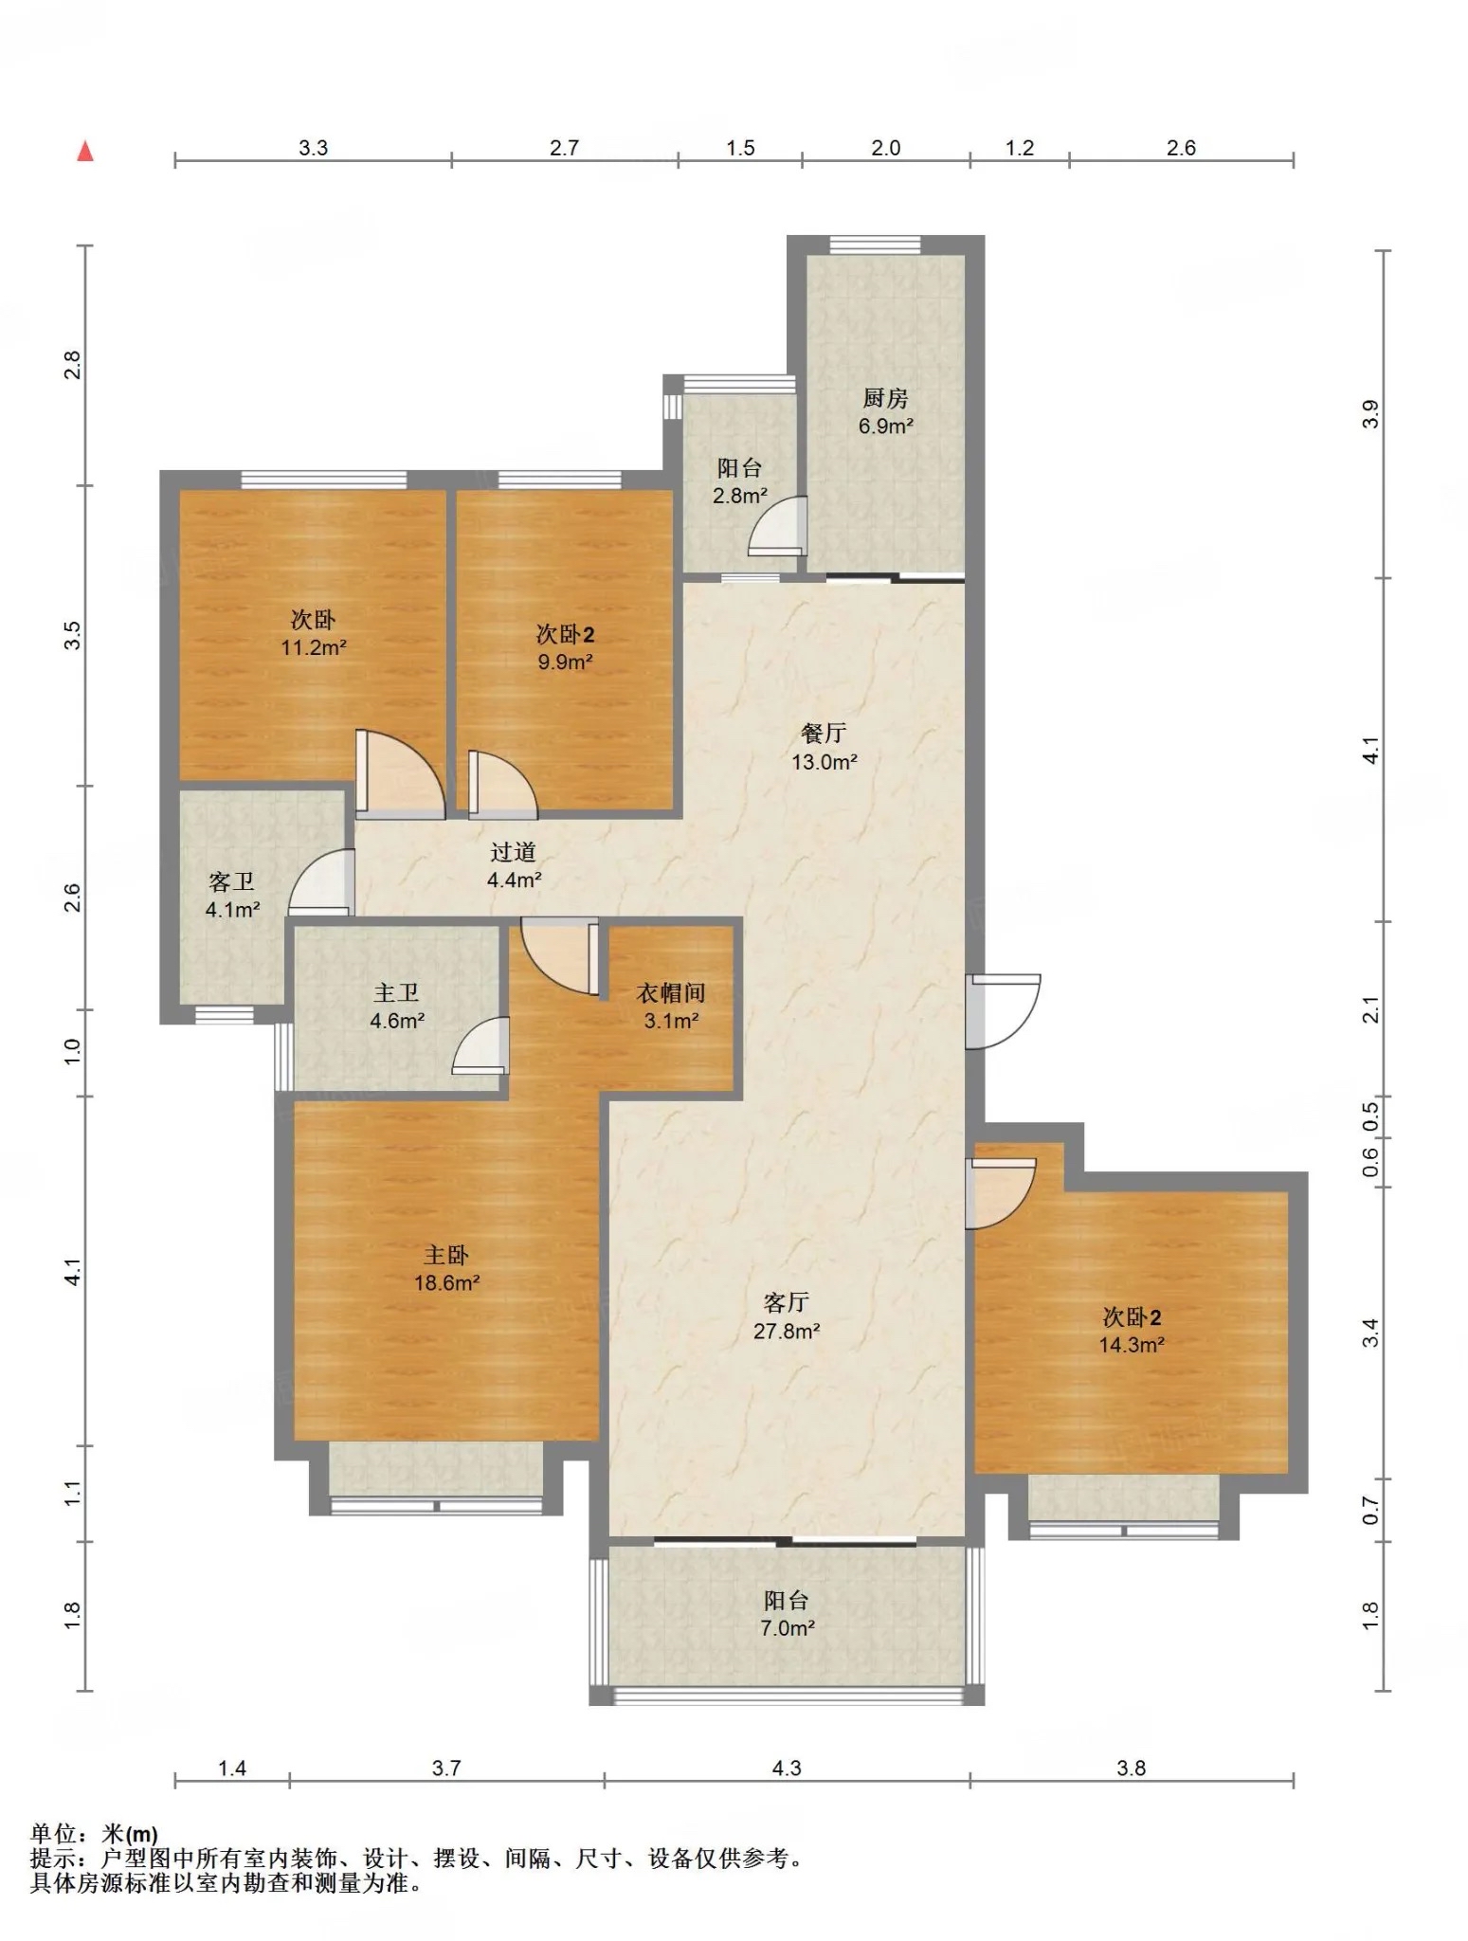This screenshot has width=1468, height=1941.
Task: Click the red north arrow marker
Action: click(85, 151)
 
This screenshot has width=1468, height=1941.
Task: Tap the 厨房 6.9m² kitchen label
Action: click(885, 412)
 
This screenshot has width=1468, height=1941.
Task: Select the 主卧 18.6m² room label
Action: click(446, 1269)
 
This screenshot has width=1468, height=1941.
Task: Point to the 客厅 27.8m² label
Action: click(787, 1316)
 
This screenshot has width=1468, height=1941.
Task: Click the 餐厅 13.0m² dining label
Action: click(825, 747)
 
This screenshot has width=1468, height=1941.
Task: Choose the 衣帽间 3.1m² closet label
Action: click(671, 1007)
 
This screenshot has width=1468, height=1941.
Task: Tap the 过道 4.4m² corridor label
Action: click(514, 865)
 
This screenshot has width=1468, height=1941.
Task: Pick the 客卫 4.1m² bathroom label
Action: click(232, 896)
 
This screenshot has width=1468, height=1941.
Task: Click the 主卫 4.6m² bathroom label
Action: click(396, 1007)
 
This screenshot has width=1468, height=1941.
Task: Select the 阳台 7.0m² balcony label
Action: click(787, 1614)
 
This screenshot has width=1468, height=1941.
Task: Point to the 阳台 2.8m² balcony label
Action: click(740, 481)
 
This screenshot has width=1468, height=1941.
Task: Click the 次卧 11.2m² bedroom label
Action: click(313, 633)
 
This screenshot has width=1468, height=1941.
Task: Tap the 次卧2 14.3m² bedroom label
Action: click(1132, 1330)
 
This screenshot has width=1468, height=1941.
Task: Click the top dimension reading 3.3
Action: click(313, 148)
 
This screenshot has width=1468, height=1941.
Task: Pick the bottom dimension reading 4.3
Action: click(787, 1769)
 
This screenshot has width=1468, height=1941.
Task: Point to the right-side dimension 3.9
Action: click(1370, 414)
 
